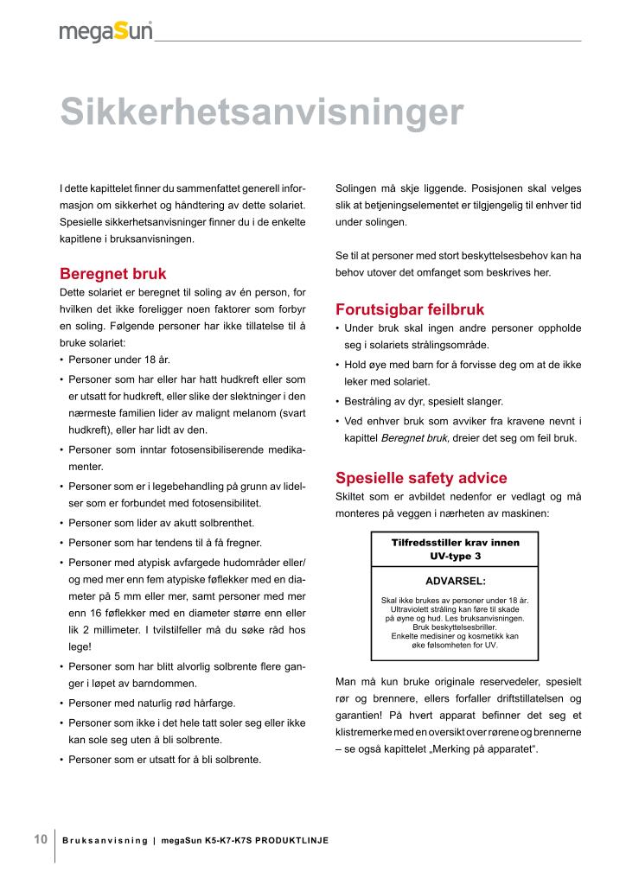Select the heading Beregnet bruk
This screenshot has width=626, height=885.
point(112,274)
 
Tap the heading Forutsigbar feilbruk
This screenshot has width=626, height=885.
point(409,309)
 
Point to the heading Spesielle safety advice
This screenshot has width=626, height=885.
point(420,478)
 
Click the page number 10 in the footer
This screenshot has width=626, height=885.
point(41,839)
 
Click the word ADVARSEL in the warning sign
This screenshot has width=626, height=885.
point(456,581)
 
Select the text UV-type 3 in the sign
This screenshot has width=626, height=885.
point(456,556)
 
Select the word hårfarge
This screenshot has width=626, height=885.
point(211,703)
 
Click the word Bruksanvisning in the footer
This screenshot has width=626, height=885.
point(105,841)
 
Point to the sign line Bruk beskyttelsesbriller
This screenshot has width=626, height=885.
point(456,627)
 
